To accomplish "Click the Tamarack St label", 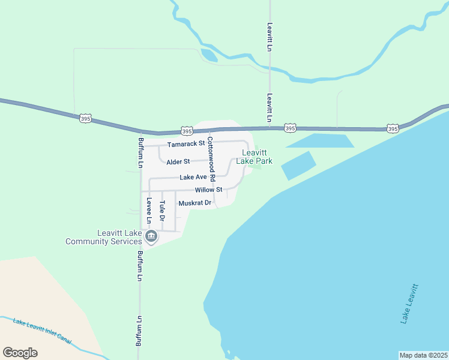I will click(x=186, y=144).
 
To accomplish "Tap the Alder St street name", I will click(x=178, y=162).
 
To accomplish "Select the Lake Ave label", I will click(x=193, y=178).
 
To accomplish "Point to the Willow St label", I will click(x=208, y=190).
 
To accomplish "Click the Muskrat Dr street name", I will click(x=195, y=203).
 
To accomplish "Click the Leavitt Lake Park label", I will click(x=255, y=157).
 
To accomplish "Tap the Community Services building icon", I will click(x=151, y=238).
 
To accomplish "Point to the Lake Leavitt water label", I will click(x=409, y=303).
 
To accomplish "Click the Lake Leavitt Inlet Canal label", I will click(x=42, y=331).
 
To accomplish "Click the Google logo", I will click(x=20, y=353).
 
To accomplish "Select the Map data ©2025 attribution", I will click(x=423, y=355).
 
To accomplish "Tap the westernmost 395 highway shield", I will click(x=85, y=118).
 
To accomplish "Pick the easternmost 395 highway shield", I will click(x=393, y=128).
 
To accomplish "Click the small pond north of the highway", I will click(x=209, y=55).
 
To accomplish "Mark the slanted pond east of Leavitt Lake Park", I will click(x=298, y=166).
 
